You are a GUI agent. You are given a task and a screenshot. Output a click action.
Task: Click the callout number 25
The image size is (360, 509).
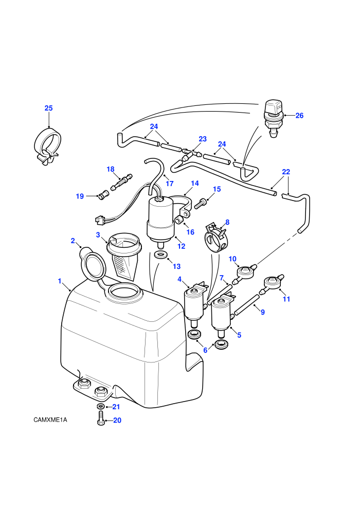click(48, 108)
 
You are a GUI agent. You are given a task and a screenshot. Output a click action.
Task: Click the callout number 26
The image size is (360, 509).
click(299, 116)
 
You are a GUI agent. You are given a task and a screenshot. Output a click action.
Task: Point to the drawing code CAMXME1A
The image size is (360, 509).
click(50, 420)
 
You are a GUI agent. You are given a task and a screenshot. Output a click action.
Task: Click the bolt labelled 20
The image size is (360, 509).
click(101, 418)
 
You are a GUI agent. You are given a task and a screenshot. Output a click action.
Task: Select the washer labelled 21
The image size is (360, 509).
click(100, 406)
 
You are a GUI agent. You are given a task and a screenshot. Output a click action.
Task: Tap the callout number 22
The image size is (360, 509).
click(286, 172)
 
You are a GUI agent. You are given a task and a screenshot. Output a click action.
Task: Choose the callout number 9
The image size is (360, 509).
click(263, 312)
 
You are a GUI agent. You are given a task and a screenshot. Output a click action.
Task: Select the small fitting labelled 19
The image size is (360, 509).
click(103, 196)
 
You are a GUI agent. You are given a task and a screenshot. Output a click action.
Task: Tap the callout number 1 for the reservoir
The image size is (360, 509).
click(60, 281)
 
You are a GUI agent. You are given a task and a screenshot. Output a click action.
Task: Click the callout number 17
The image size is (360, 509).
click(169, 184)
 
